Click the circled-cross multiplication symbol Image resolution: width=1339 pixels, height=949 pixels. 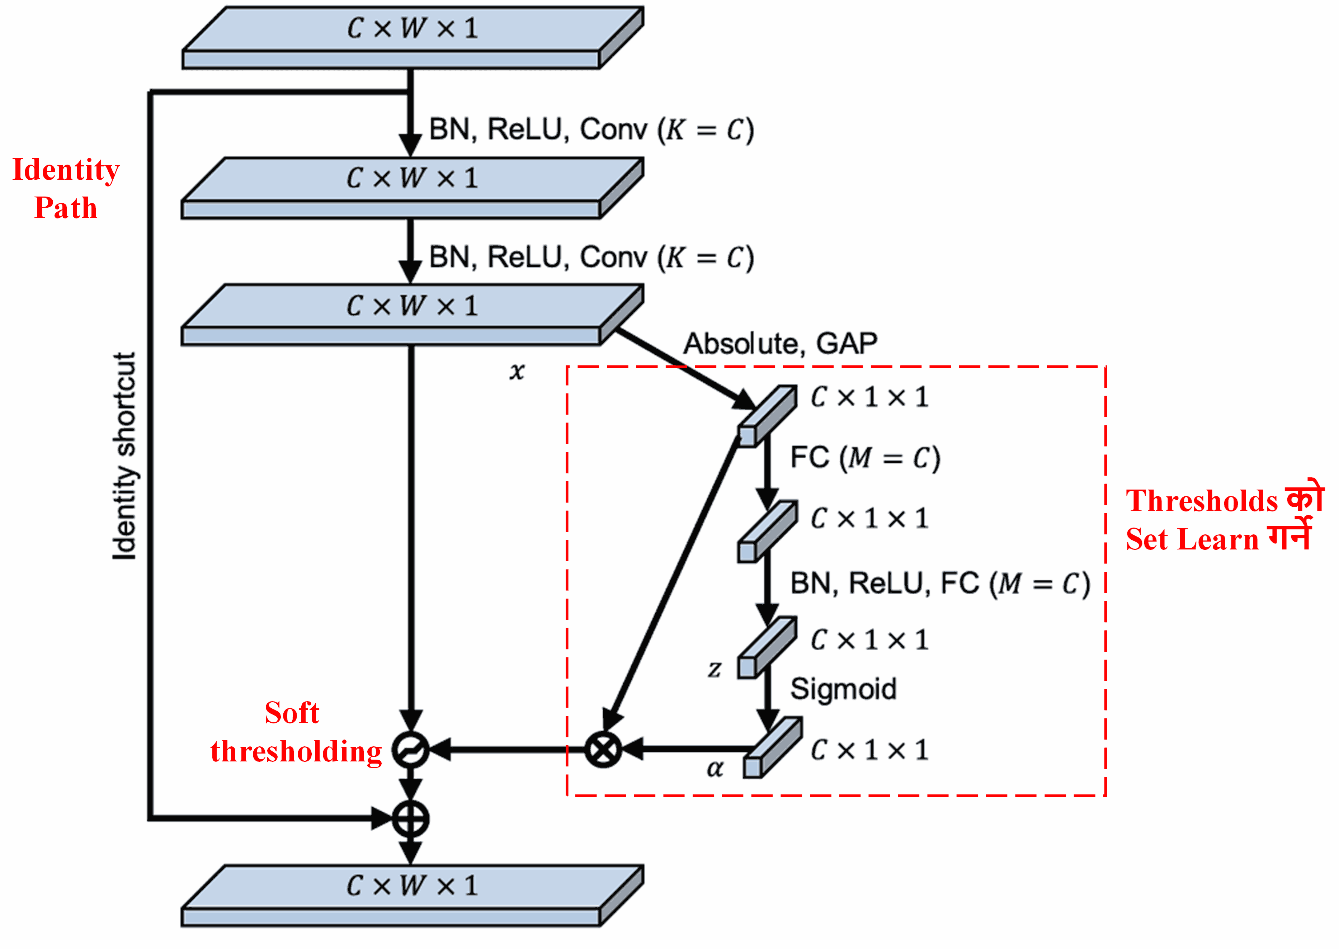[603, 749]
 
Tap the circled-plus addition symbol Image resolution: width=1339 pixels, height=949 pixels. [410, 819]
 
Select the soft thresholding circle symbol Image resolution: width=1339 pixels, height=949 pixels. [410, 749]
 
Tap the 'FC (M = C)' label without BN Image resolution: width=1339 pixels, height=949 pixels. [865, 458]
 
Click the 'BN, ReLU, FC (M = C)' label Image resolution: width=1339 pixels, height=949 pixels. [940, 583]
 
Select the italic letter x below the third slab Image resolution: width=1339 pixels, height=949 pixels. [517, 371]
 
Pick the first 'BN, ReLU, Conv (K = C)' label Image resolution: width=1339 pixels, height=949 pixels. [591, 130]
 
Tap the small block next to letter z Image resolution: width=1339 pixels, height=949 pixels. [766, 647]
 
